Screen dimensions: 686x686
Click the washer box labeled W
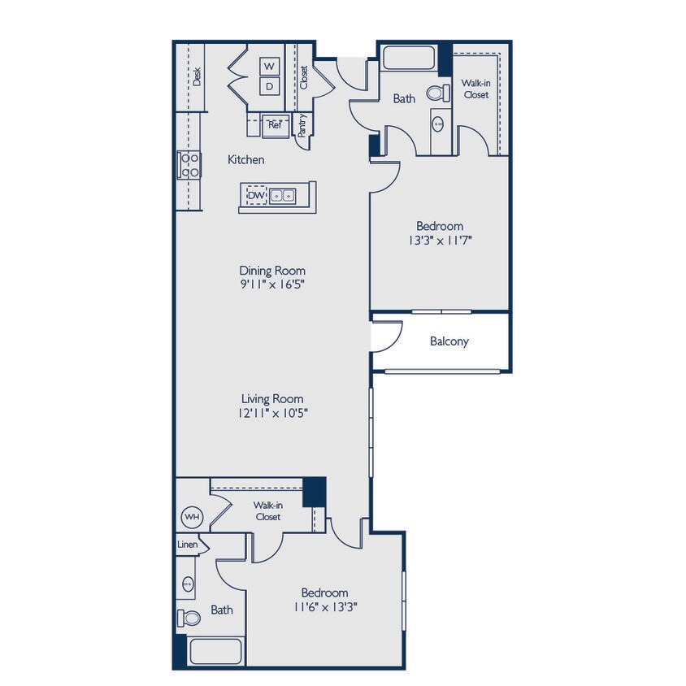tap(270, 66)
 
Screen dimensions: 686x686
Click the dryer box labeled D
tap(270, 85)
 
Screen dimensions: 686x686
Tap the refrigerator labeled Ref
tap(275, 125)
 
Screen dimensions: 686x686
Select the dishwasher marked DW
tap(256, 196)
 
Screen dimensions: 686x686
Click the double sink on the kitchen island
tap(283, 196)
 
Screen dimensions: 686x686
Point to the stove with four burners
tap(189, 165)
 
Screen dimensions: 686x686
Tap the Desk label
tap(198, 76)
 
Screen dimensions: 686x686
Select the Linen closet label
tap(186, 544)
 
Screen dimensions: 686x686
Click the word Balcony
tap(449, 341)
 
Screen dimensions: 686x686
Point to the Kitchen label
tap(245, 160)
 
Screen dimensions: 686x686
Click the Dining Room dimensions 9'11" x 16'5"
tap(271, 284)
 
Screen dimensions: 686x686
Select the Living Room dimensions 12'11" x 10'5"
tap(271, 413)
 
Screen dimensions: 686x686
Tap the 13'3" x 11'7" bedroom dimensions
tap(440, 241)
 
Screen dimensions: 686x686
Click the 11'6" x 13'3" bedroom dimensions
tap(324, 606)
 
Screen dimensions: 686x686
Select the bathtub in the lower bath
tap(215, 652)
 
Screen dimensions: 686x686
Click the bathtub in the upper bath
tap(409, 59)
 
